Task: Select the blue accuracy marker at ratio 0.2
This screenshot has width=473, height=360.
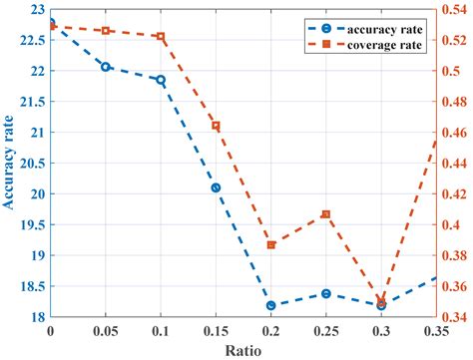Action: pos(271,305)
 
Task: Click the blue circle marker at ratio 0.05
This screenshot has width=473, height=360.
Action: pos(106,67)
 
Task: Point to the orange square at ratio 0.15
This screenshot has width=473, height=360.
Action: pos(216,126)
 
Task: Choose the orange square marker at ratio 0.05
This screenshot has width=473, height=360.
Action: pos(106,31)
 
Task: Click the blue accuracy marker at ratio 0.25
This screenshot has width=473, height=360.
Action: pos(326,293)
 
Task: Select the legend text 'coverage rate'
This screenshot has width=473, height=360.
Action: pos(387,44)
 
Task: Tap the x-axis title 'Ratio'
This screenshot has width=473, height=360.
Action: pos(243,350)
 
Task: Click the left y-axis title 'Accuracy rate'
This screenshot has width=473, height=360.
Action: pos(9,165)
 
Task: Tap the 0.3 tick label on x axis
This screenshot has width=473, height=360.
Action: pos(380,330)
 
